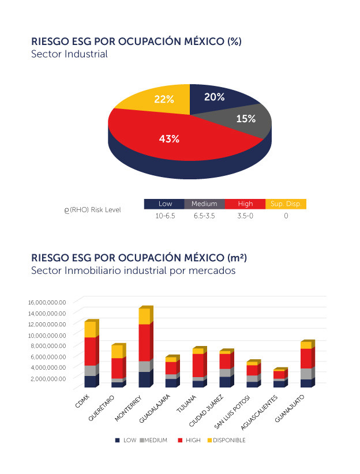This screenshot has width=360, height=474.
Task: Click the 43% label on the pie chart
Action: (x=169, y=138)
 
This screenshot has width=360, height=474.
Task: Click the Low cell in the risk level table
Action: (x=165, y=204)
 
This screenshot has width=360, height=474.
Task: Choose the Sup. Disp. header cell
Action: (x=286, y=204)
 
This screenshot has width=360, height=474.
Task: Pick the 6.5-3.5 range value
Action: (x=205, y=216)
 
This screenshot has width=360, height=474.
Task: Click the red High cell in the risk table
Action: (x=245, y=204)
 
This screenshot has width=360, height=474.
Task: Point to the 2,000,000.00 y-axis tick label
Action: (x=47, y=378)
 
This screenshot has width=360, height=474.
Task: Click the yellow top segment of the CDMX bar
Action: (x=90, y=329)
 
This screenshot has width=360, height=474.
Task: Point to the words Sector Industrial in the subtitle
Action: (x=69, y=54)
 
